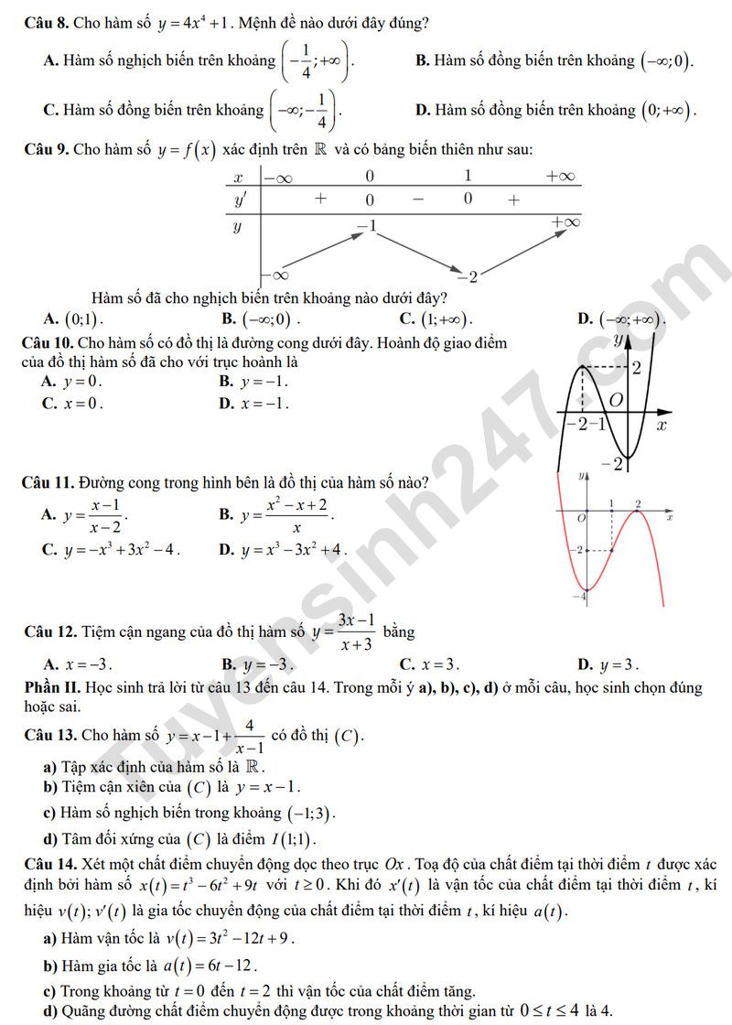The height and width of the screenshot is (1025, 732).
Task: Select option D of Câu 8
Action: tap(556, 111)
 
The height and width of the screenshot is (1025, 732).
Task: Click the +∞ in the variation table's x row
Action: tap(560, 176)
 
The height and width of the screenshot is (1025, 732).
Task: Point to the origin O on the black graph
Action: tap(616, 401)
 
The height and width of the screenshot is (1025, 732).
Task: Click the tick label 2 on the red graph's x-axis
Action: tap(638, 503)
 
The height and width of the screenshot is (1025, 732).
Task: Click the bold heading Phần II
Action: tap(54, 687)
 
